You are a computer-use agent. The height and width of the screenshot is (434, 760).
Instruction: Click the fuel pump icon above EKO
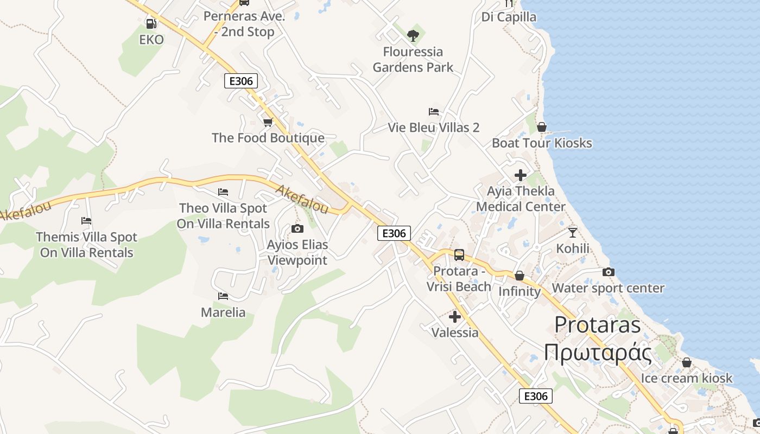(151, 24)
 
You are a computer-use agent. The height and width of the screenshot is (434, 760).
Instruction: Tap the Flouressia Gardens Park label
(413, 60)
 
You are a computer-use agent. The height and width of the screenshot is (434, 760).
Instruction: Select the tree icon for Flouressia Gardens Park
(413, 36)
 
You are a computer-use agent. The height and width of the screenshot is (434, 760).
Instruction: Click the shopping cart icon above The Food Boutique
(268, 122)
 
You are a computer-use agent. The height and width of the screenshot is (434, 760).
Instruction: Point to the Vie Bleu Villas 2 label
(434, 127)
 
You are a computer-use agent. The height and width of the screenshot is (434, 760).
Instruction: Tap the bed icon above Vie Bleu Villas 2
(434, 112)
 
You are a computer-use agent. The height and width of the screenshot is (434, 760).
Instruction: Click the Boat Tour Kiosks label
(542, 143)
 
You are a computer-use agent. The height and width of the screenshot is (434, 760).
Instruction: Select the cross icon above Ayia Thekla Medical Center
(521, 175)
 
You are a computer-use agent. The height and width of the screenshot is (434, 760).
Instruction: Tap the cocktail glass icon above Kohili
(573, 233)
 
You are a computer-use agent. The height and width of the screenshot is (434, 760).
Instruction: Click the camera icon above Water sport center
(609, 272)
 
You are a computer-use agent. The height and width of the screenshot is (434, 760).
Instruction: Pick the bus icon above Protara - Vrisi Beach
(459, 255)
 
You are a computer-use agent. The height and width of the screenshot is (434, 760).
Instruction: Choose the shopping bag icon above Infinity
(520, 276)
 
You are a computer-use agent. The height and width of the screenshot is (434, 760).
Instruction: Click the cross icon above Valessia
(455, 317)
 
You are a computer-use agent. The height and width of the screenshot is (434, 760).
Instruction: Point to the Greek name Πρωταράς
(598, 353)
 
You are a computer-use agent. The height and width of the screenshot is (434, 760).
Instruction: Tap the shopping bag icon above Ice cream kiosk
(687, 362)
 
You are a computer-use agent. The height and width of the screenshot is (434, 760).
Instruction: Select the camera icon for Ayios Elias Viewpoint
(297, 229)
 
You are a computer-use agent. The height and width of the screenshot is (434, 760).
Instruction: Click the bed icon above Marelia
(223, 296)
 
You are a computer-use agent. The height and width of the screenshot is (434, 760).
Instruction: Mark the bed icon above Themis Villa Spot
(86, 221)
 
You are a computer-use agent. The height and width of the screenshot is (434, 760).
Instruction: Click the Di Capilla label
(509, 17)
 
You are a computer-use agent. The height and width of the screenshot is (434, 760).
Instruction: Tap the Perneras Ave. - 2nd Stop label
(244, 24)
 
